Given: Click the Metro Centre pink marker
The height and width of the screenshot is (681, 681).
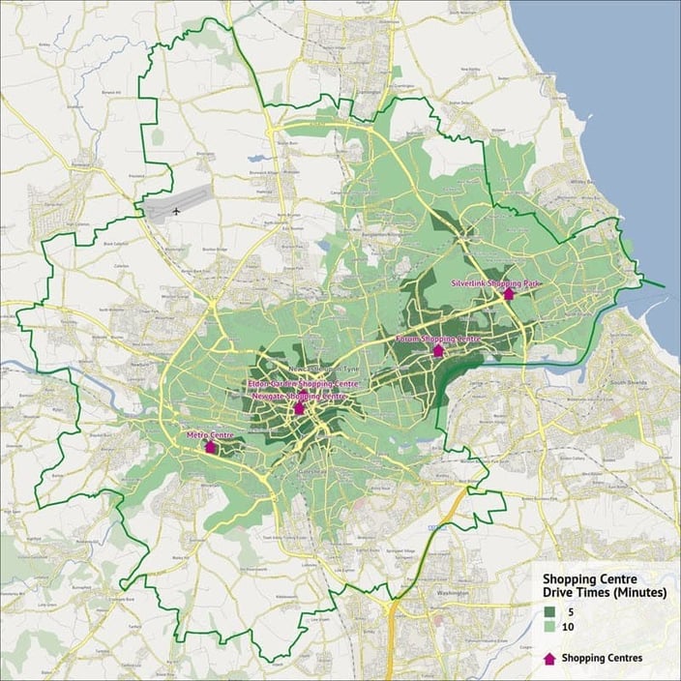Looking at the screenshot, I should (x=211, y=447).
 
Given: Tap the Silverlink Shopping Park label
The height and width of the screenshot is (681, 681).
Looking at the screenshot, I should (x=496, y=283).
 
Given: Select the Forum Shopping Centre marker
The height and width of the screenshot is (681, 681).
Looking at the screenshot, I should (x=438, y=350).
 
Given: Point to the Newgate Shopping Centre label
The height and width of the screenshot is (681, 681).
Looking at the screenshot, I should (x=299, y=397).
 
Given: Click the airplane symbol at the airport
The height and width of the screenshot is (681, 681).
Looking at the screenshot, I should (x=177, y=209).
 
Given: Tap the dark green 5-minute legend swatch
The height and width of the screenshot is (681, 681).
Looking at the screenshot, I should (x=548, y=611).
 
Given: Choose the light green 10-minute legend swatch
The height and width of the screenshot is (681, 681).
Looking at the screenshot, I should (x=548, y=628).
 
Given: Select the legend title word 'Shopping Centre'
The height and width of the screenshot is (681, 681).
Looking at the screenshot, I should (x=581, y=578).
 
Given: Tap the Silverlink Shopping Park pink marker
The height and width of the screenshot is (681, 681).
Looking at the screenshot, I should (x=509, y=293).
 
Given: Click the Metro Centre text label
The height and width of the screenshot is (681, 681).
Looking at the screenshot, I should (x=210, y=435).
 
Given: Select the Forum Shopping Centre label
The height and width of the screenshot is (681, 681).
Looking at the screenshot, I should (x=438, y=340).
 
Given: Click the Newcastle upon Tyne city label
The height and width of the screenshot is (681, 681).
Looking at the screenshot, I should (x=301, y=371).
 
